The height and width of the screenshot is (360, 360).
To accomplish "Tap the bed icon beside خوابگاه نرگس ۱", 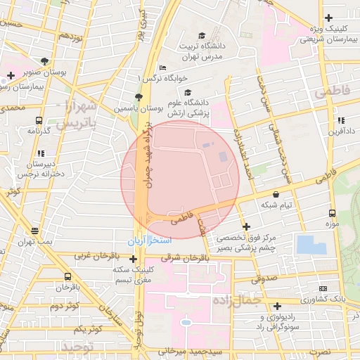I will coord(163,68).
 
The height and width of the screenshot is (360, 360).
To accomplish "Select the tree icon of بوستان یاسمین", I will coord(139,97).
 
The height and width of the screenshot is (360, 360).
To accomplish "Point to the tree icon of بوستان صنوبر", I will coord(46,61).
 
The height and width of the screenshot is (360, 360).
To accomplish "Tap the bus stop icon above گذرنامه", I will coord(37,120).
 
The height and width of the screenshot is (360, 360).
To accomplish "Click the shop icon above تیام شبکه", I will coord(275,194).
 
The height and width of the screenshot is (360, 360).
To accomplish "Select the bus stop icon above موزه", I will coord(333,212).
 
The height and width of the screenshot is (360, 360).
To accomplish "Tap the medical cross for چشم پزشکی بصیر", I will coord(246,226).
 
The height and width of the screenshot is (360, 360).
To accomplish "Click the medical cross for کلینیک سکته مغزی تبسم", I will coord(133,259).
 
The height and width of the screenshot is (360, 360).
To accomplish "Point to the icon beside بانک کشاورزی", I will coord(323,289).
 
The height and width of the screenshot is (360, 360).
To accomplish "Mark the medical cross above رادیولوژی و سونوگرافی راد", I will coord(278,307).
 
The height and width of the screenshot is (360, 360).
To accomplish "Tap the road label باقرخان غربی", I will coord(92,257).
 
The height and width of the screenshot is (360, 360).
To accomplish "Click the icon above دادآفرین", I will coord(341,120).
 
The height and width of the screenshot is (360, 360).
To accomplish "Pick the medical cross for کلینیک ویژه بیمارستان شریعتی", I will coord(328,18).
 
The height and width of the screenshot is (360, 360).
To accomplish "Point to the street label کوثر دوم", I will coord(64,307).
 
